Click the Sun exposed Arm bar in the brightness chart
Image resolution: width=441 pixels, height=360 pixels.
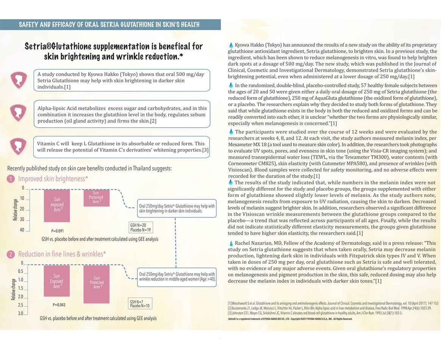tap(57, 205)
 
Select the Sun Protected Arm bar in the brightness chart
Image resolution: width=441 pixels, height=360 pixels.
tap(96, 197)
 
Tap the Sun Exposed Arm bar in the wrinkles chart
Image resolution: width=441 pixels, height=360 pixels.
tap(57, 281)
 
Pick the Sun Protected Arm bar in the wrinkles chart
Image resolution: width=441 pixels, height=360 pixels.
tap(96, 284)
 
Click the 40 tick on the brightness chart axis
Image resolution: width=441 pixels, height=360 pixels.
tap(22, 230)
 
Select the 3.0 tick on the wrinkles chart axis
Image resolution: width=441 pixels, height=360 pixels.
tap(20, 314)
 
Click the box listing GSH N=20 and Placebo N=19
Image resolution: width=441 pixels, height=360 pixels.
tap(141, 228)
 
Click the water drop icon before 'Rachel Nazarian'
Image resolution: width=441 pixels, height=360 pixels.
tap(231, 243)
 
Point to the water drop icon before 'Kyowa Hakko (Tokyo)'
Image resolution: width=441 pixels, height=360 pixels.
tap(231, 45)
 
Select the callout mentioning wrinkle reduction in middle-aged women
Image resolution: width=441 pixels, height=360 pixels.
tap(177, 277)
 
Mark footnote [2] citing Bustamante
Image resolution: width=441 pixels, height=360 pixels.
tap(330, 308)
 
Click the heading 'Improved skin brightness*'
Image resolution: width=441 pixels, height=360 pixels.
tap(52, 179)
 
